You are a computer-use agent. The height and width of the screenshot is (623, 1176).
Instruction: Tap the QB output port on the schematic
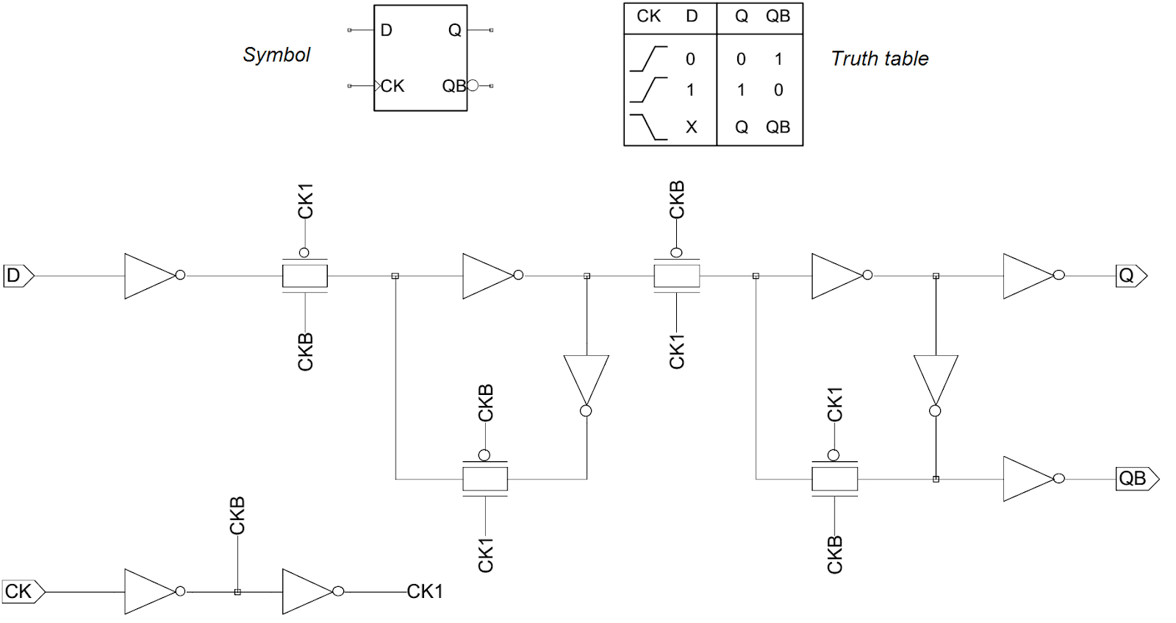click(1136, 479)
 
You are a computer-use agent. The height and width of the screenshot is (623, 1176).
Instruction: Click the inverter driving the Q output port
click(1029, 276)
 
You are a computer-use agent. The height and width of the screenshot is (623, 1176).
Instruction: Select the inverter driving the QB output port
click(1029, 479)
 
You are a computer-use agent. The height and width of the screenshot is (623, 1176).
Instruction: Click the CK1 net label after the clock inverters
click(425, 591)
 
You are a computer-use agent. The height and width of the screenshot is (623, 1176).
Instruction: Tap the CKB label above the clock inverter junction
click(237, 516)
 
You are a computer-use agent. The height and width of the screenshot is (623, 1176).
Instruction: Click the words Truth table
click(880, 59)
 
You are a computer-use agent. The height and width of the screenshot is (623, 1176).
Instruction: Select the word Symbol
click(276, 55)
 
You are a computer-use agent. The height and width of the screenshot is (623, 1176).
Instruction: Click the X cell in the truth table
click(691, 127)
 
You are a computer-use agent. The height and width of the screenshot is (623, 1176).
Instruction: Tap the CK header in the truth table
click(648, 16)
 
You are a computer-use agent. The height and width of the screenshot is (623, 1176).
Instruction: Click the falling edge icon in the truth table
click(648, 127)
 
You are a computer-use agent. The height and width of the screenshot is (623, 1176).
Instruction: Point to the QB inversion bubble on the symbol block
click(473, 85)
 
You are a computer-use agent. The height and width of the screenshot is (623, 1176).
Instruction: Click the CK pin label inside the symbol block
click(392, 86)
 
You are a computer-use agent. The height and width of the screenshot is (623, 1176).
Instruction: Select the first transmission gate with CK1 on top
click(304, 276)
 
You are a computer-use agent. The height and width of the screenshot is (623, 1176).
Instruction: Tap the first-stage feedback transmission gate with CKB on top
click(484, 479)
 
